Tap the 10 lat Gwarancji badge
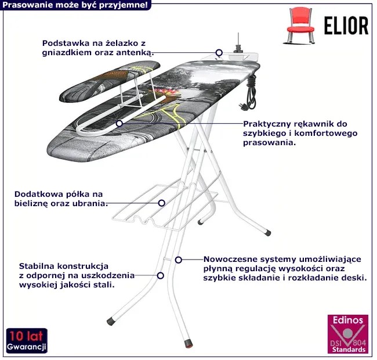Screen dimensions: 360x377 27,341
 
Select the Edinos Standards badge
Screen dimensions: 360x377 347,335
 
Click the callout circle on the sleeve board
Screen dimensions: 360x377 119,123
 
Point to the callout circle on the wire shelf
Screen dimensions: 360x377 162,203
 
